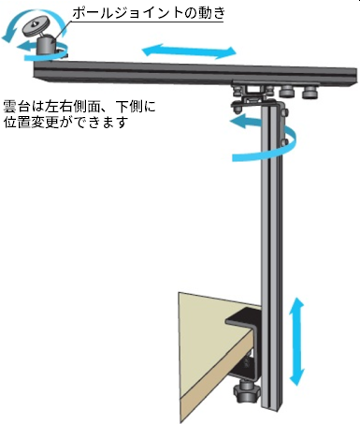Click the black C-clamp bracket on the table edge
245,323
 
